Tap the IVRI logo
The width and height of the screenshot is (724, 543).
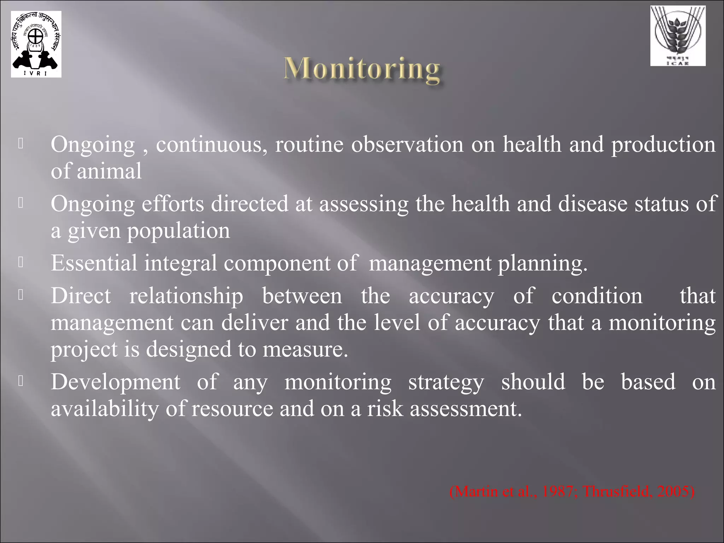click(36, 44)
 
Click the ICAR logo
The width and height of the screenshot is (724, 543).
click(678, 36)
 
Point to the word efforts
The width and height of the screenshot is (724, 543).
click(173, 204)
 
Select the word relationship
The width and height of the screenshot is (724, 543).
click(186, 296)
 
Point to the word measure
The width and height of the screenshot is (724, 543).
click(305, 350)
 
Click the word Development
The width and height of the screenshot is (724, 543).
click(115, 383)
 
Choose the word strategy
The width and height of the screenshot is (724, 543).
click(446, 383)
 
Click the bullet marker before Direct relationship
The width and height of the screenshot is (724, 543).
click(21, 295)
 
